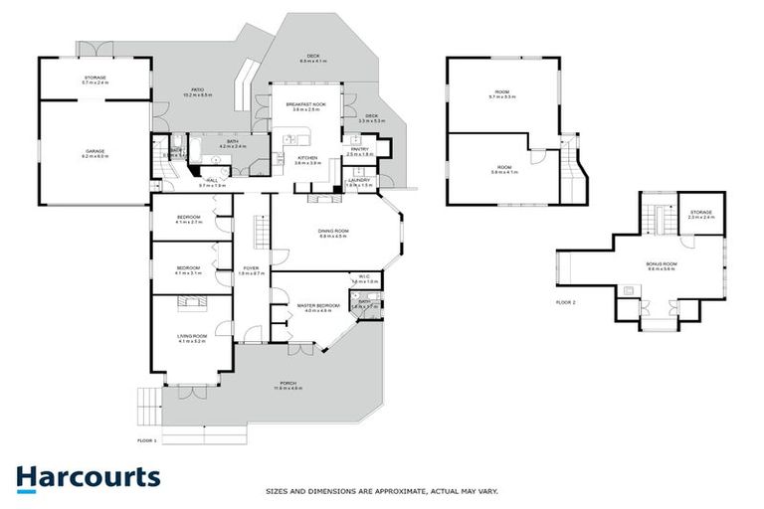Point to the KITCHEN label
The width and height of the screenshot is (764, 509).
point(306,158)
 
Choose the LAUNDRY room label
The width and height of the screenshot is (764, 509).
point(358,181)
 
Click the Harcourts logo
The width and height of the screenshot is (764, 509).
point(88,477)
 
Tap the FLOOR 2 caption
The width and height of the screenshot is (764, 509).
point(566,301)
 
